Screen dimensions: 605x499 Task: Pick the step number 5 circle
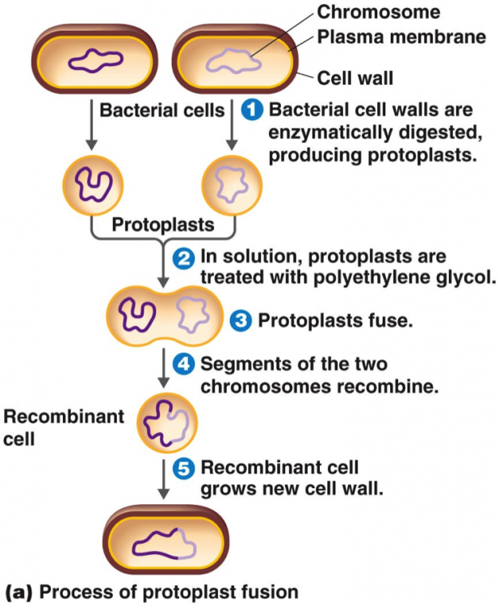pyautogui.click(x=185, y=468)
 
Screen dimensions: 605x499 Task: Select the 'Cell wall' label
pyautogui.click(x=354, y=78)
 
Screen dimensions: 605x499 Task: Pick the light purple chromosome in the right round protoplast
pyautogui.click(x=229, y=181)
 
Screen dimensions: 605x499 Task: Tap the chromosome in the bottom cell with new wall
pyautogui.click(x=165, y=545)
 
